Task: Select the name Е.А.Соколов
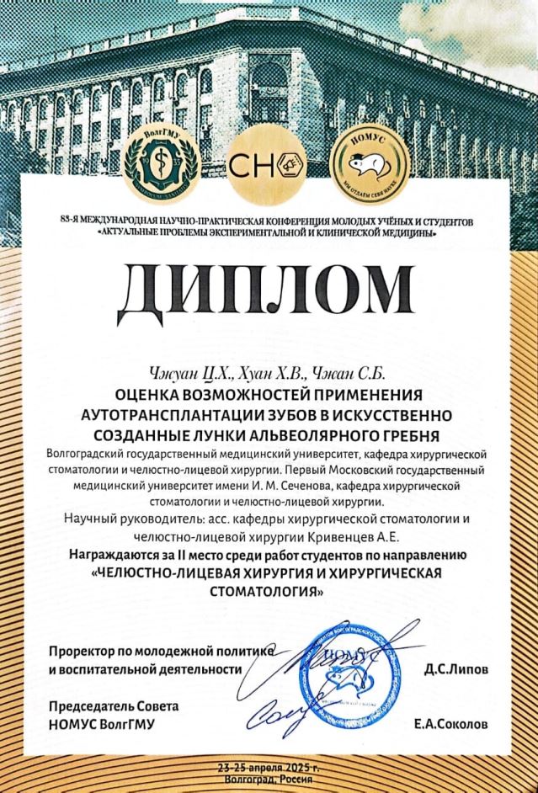pos(450,723)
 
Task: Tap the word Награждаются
pos(115,556)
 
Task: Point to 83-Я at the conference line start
pos(75,221)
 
